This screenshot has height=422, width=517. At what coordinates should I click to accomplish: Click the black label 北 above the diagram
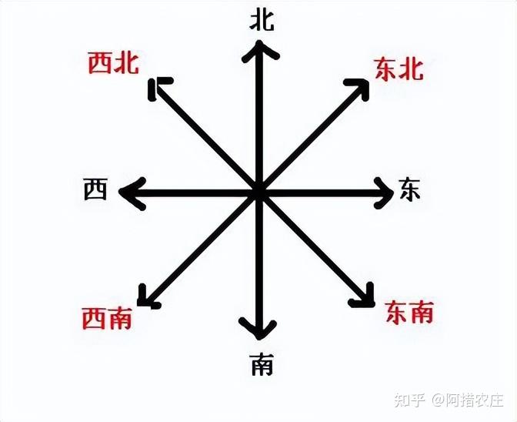(262, 20)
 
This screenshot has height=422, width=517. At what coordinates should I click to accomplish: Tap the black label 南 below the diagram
(261, 363)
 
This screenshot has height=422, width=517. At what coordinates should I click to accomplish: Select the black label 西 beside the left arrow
(95, 189)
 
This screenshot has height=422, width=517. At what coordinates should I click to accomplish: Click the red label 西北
(114, 63)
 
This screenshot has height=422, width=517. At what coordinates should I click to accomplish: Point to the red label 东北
(399, 69)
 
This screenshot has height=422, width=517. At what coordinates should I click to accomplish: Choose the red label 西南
(107, 317)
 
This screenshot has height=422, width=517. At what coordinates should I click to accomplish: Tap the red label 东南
(409, 312)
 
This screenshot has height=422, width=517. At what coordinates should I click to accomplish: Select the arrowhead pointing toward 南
(258, 329)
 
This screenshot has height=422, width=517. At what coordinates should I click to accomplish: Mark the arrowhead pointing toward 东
(384, 192)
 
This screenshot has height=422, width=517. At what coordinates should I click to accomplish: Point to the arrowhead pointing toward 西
(132, 193)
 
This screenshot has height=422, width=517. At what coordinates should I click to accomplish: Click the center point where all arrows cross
(258, 193)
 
